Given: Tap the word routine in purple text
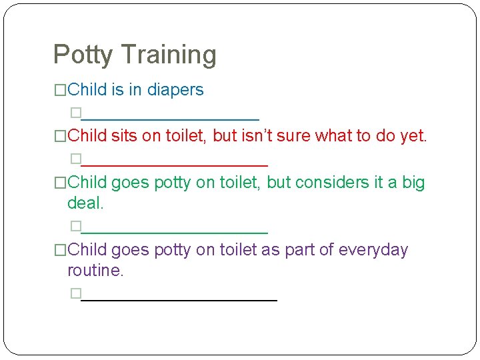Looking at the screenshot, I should [x=95, y=271].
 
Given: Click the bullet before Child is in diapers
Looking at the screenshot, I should [x=60, y=90].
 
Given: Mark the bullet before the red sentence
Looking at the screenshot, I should [x=60, y=137].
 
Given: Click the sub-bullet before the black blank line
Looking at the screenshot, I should [x=75, y=293].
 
